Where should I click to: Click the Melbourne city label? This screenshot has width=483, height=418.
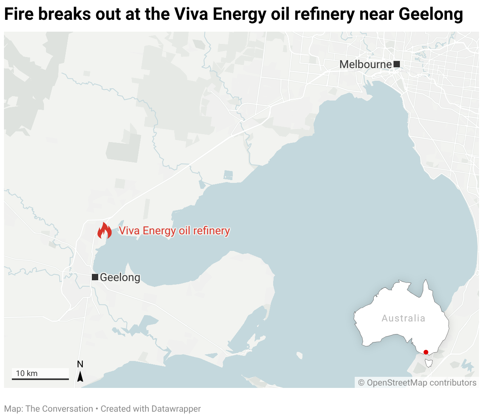(365, 64)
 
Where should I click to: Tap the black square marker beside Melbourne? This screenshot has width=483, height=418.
(397, 64)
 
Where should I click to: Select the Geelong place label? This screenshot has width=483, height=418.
(120, 277)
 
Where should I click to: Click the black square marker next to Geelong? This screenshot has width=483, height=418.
(95, 277)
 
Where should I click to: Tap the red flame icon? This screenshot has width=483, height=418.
(104, 231)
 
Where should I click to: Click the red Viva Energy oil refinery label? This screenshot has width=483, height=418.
(174, 231)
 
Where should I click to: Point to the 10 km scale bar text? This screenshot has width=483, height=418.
(27, 373)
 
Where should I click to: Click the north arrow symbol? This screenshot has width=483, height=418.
(80, 376)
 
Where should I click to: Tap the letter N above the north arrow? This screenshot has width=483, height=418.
(80, 364)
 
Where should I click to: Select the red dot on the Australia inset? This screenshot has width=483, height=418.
(426, 352)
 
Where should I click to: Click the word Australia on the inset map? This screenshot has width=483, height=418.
(403, 318)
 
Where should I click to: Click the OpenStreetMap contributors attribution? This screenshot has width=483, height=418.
(417, 383)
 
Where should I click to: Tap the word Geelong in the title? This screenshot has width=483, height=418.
(431, 15)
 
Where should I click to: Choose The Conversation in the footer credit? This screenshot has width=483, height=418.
(59, 409)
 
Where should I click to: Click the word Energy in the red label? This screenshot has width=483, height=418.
(159, 231)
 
